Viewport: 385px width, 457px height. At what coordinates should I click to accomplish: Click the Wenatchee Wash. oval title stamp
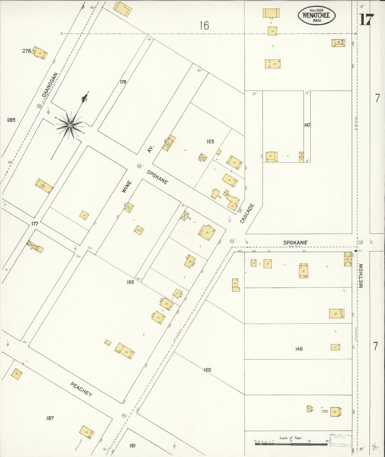coord(317,15)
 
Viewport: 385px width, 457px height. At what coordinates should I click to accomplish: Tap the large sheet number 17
coord(367,19)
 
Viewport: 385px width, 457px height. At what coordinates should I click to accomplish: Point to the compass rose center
coord(70,125)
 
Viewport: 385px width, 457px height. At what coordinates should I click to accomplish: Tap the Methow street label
coord(361,275)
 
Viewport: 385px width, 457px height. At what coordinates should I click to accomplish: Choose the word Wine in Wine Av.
coord(127,186)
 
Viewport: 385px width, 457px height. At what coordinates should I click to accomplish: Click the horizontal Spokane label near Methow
coord(295,243)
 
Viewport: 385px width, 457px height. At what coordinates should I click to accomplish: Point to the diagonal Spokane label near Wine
coord(157,177)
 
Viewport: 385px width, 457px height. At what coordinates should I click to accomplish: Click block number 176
coord(123,82)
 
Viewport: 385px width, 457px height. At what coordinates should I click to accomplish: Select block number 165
coord(210,142)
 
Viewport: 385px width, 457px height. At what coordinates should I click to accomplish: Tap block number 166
coord(130,282)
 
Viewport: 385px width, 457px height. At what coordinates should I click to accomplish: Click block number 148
coord(299,349)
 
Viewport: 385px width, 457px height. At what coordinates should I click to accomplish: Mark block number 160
coord(207,370)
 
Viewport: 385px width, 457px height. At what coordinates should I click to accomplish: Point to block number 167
coord(50,418)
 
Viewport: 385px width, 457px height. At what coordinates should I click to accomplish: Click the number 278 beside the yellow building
coord(27,51)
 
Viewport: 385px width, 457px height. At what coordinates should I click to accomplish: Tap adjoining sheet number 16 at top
coord(204,26)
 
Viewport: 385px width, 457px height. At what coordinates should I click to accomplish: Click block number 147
coord(307,125)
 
